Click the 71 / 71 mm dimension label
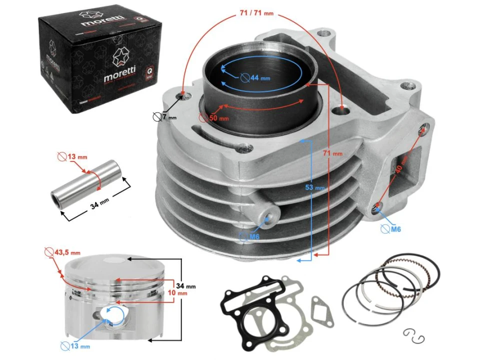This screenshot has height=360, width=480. (x=254, y=13)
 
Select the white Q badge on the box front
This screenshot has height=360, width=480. (x=149, y=73)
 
